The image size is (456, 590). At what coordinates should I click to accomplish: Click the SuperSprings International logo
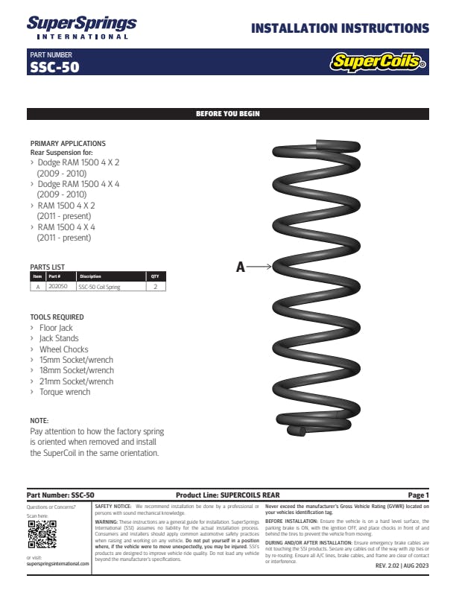pyautogui.click(x=81, y=28)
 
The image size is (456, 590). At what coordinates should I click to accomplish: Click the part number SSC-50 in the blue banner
pyautogui.click(x=54, y=67)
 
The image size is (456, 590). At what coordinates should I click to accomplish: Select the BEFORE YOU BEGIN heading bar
pyautogui.click(x=227, y=114)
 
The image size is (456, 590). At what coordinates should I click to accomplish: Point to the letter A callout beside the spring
pyautogui.click(x=240, y=267)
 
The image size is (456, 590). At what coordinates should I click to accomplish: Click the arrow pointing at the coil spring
pyautogui.click(x=259, y=266)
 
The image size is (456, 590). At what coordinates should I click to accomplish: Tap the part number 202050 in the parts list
pyautogui.click(x=58, y=286)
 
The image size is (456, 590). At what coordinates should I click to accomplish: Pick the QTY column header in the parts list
pyautogui.click(x=155, y=276)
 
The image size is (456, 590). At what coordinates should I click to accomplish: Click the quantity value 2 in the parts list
pyautogui.click(x=155, y=286)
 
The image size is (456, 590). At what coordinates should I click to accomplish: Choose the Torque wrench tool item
pyautogui.click(x=64, y=392)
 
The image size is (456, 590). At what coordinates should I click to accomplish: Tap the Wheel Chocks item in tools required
pyautogui.click(x=63, y=349)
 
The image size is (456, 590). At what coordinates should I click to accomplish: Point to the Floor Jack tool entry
pyautogui.click(x=56, y=328)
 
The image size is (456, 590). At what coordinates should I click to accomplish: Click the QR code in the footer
pyautogui.click(x=42, y=534)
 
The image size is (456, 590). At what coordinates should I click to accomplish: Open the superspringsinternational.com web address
pyautogui.click(x=57, y=564)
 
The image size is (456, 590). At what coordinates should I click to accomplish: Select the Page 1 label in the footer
pyautogui.click(x=418, y=495)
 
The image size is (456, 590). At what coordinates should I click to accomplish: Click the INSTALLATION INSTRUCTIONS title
pyautogui.click(x=340, y=29)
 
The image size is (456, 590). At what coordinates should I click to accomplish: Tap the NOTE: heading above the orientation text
pyautogui.click(x=39, y=421)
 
